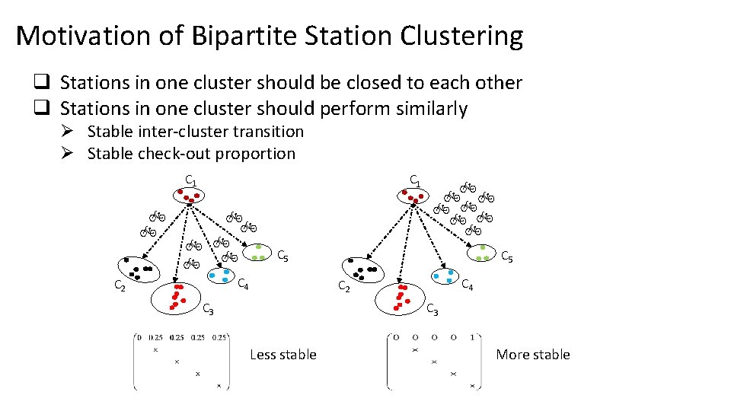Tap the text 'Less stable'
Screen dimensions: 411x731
click(x=283, y=354)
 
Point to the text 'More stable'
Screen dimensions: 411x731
click(x=533, y=354)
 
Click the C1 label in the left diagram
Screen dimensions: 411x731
click(x=191, y=181)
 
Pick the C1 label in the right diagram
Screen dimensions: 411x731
click(x=415, y=180)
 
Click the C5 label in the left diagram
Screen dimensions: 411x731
click(x=281, y=256)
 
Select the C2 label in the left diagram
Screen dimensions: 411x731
click(x=120, y=286)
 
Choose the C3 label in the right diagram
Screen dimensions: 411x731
click(x=432, y=309)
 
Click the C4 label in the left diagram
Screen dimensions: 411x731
click(x=244, y=285)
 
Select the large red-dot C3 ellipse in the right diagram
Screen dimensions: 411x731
click(x=401, y=298)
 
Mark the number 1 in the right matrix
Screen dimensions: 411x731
click(x=473, y=337)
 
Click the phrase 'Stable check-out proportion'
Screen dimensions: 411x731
click(x=191, y=153)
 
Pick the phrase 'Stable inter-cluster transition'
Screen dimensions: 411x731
click(x=196, y=132)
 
